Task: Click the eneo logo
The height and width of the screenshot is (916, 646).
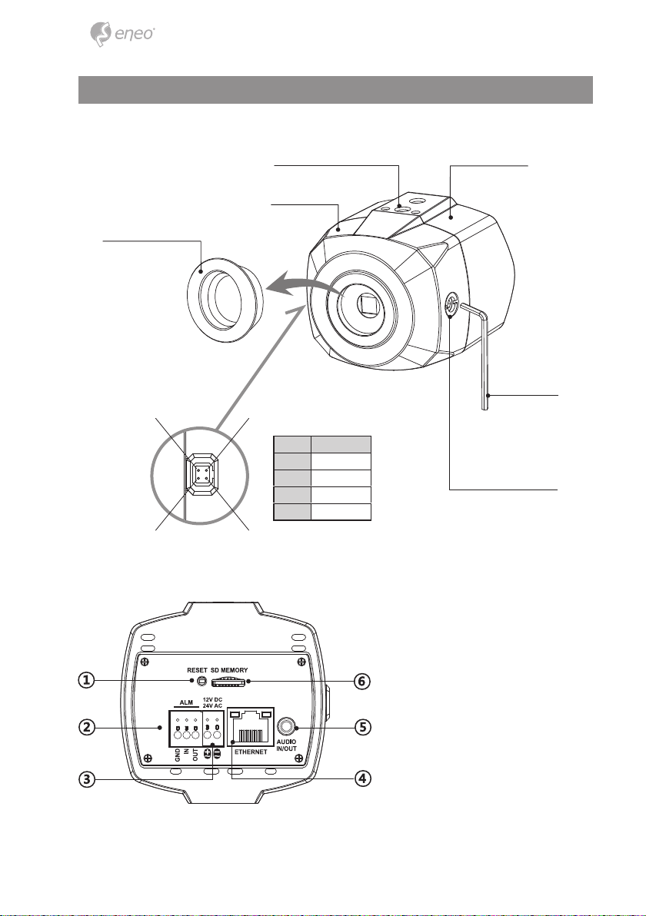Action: [122, 34]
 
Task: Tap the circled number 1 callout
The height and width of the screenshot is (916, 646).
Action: [86, 680]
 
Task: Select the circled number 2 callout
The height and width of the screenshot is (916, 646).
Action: [86, 727]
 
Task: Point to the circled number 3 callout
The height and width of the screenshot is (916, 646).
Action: [86, 778]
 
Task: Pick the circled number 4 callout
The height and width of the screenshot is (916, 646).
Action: [363, 778]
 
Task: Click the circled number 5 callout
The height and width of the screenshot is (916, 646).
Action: [363, 727]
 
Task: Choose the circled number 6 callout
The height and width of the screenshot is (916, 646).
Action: [363, 681]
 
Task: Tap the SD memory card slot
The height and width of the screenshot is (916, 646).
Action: [228, 681]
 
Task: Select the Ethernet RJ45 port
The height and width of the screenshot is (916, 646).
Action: [251, 726]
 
